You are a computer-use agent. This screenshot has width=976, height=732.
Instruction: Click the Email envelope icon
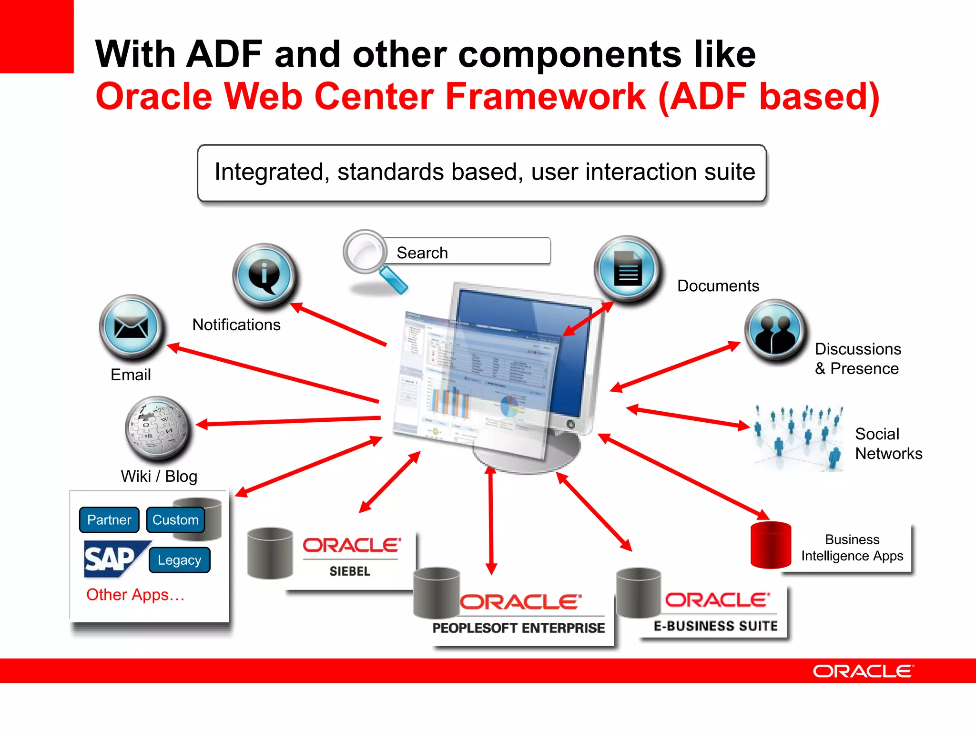131,327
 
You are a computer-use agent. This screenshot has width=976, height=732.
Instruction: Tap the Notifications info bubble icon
264,275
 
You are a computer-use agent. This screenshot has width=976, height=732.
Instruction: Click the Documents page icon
627,269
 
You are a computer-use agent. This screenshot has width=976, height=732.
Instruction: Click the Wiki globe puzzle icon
158,428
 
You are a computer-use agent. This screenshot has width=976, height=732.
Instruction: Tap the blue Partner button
109,519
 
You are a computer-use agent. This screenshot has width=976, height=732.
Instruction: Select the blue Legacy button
179,560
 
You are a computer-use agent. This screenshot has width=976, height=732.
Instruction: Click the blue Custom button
175,519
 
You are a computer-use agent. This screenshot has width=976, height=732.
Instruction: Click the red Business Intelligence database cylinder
770,545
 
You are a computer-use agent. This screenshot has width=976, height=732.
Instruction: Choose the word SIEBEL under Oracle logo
350,571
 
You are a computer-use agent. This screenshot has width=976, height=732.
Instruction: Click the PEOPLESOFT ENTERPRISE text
518,628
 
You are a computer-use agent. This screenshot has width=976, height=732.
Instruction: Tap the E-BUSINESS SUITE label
715,626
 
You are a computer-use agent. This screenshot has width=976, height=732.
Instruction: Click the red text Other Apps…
135,595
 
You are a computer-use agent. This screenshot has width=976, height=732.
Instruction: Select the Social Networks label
888,444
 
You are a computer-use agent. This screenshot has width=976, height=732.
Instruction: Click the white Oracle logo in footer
863,671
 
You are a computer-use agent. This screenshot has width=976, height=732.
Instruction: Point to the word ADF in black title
224,54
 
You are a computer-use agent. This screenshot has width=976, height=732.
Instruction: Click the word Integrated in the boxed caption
269,172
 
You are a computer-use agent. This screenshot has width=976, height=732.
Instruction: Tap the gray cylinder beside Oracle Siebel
270,553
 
